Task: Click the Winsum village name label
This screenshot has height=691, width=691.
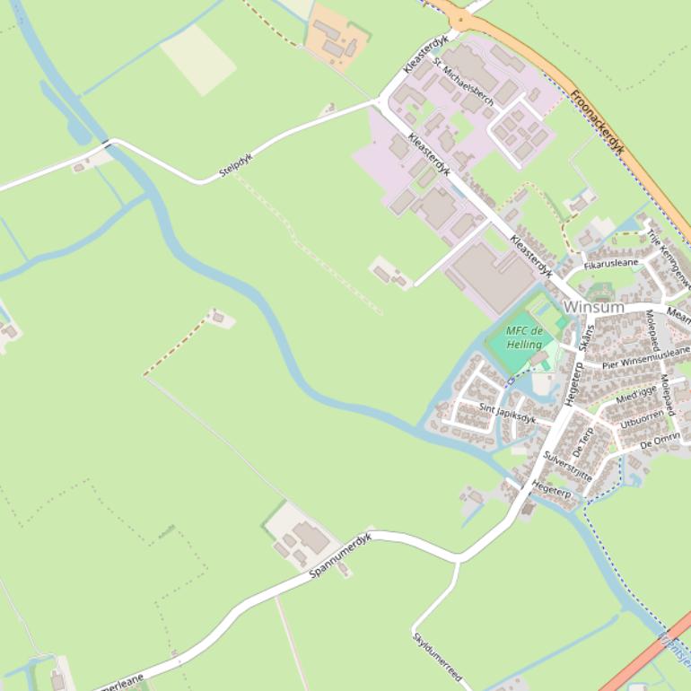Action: click(593, 307)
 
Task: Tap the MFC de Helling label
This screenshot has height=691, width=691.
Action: click(524, 337)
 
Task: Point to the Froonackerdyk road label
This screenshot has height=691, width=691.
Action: click(597, 121)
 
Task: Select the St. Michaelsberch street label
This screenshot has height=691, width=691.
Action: click(463, 82)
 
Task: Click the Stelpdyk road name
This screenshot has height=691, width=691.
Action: click(236, 165)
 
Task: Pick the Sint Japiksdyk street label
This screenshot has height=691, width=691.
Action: click(507, 413)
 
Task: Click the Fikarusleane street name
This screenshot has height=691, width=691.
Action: click(611, 264)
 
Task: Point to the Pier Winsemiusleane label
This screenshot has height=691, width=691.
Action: click(646, 357)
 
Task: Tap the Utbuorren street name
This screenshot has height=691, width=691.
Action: click(642, 417)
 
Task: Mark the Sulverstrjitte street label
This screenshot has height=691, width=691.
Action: click(567, 467)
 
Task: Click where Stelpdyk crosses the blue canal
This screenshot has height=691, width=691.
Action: click(111, 143)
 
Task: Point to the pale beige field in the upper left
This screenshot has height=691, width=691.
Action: click(198, 58)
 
